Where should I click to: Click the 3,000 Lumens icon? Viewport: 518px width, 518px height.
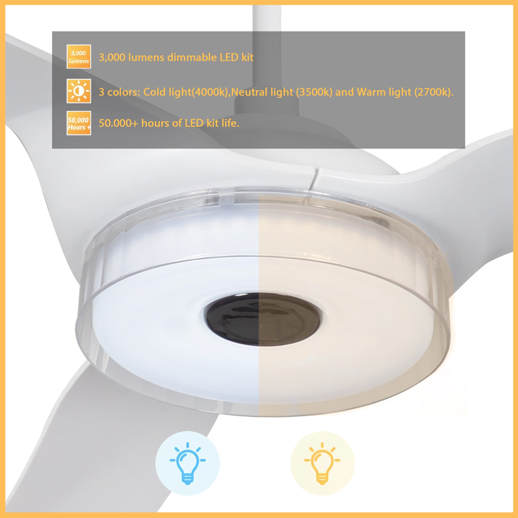[x=79, y=57]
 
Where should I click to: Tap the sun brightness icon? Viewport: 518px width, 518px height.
[x=79, y=91]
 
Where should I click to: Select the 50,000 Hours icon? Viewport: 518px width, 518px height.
[x=79, y=123]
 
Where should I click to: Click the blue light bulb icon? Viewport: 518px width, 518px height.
[x=187, y=463]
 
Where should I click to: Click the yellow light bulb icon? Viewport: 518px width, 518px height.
[x=322, y=463]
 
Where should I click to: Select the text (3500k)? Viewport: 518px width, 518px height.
[x=314, y=92]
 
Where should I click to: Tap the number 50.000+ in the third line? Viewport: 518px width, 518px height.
[x=118, y=123]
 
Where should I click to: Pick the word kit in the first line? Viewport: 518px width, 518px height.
[x=247, y=57]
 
